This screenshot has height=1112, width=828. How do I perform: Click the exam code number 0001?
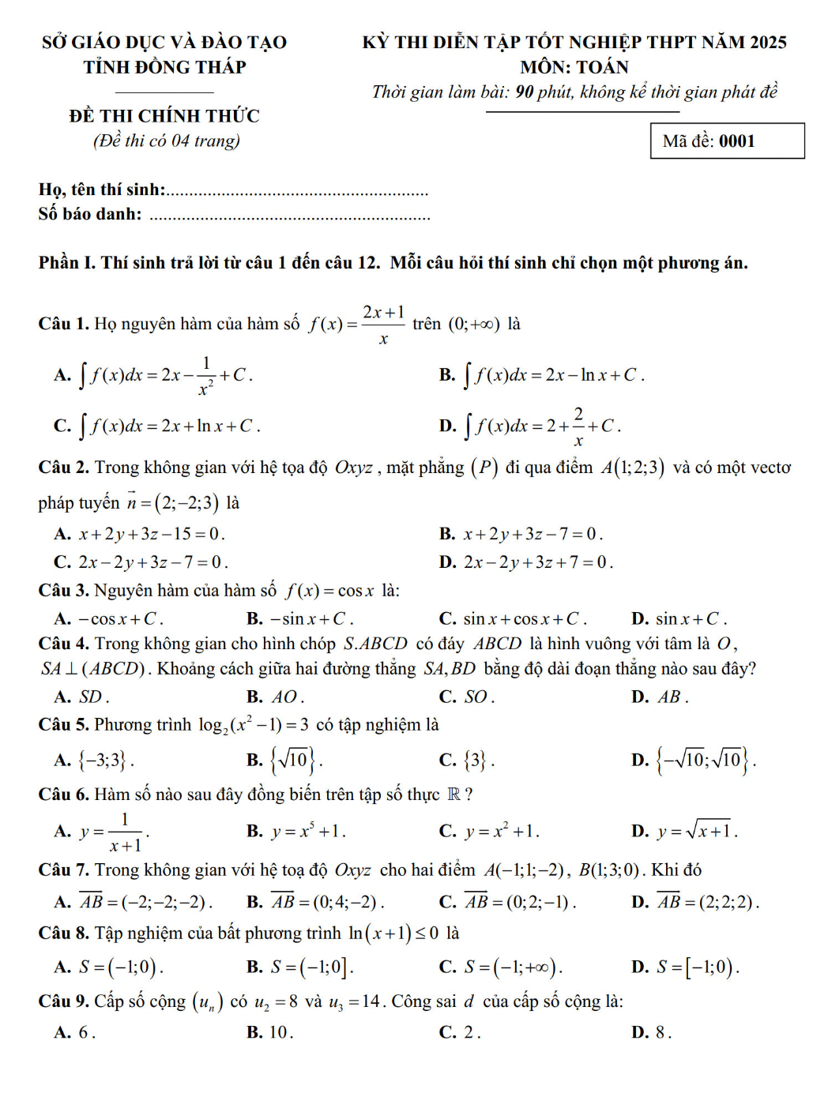click(x=736, y=141)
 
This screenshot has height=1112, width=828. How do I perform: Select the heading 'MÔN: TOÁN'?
click(x=574, y=67)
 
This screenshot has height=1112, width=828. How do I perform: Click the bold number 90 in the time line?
click(x=525, y=92)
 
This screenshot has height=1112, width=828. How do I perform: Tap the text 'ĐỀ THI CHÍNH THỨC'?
click(x=164, y=116)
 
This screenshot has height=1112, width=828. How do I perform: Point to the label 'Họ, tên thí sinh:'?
click(x=102, y=190)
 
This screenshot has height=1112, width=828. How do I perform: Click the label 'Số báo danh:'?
click(x=90, y=214)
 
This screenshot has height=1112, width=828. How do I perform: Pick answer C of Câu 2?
click(x=141, y=562)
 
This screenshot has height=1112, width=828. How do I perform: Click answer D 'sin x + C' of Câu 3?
click(x=680, y=619)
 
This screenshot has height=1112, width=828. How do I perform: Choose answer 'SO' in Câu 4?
click(x=467, y=697)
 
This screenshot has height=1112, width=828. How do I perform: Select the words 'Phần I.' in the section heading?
click(x=67, y=263)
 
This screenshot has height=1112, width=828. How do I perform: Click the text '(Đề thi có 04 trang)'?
click(x=166, y=141)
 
